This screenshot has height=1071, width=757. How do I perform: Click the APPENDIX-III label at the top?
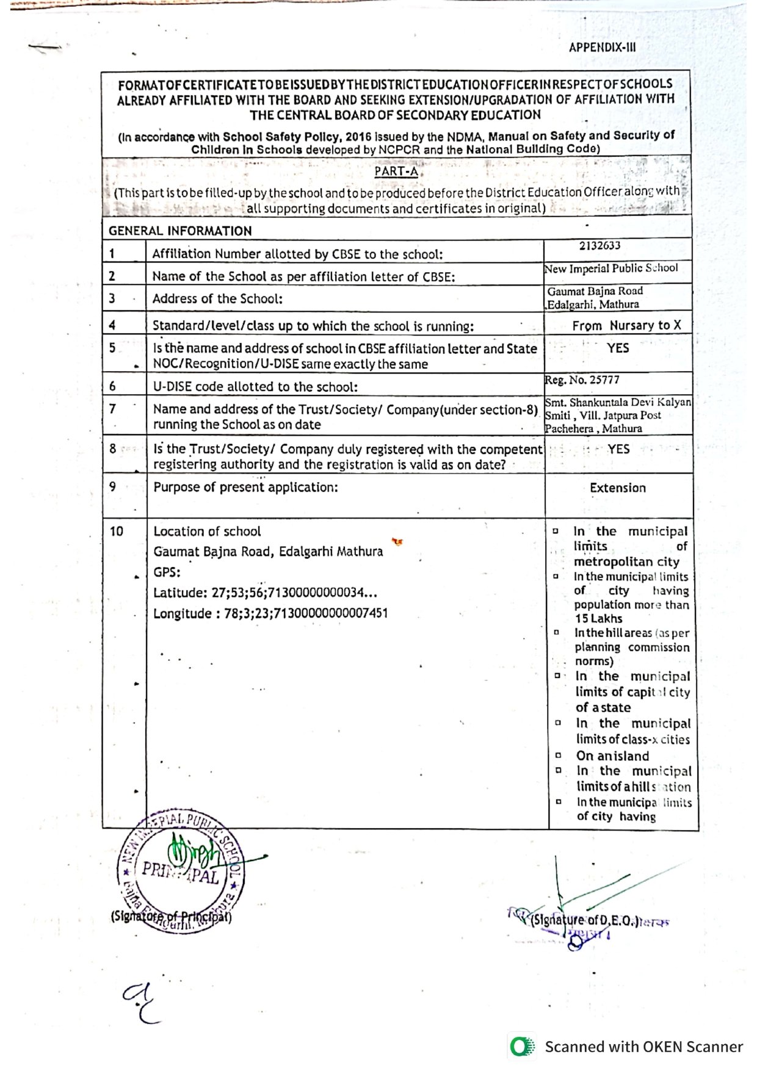coord(602,48)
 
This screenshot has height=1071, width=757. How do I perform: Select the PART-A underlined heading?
coord(396,171)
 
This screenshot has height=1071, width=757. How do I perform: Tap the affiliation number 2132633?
coord(599,246)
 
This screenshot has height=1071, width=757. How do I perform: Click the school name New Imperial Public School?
coord(611,269)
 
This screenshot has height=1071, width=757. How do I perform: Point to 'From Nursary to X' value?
coord(626,326)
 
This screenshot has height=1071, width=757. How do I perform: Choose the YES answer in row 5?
coord(618,348)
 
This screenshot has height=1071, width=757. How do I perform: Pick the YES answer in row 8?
coord(618,449)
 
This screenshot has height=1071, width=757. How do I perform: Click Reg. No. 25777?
coord(582,380)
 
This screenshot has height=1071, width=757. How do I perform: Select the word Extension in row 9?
coord(618,488)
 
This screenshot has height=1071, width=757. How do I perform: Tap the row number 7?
coord(112,409)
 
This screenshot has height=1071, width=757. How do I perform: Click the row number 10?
coord(116,532)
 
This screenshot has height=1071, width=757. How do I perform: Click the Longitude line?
coord(270,614)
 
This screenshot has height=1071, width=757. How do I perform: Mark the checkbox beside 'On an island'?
coord(558,755)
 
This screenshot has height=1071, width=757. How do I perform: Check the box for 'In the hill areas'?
coord(556,633)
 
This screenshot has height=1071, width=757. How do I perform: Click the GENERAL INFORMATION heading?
coord(180,231)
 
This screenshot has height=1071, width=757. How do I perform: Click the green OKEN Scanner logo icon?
coord(521,1047)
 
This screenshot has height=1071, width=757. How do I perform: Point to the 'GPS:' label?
coord(167,572)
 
